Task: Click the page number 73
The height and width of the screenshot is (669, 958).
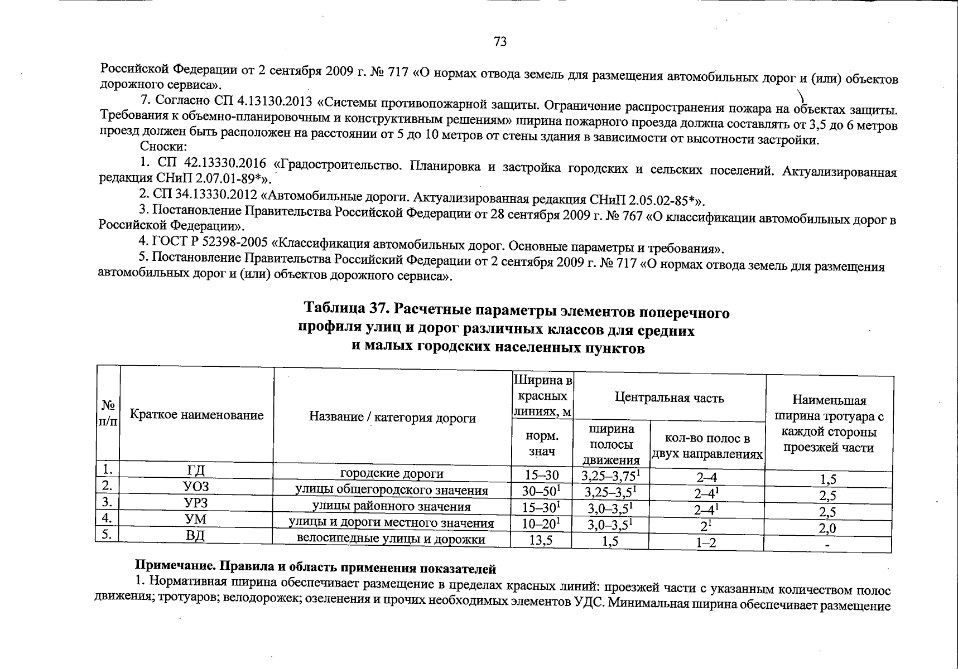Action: pos(500,42)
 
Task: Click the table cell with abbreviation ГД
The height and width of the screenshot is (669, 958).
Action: pos(196,473)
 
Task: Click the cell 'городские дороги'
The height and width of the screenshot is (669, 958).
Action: pos(392,474)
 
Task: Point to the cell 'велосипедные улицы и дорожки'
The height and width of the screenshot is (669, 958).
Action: pos(391,539)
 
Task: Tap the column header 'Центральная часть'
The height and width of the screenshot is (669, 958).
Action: pos(669,398)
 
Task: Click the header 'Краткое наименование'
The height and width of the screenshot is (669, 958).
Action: pos(196,415)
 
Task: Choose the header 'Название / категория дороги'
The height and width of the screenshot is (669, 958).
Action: pos(392,418)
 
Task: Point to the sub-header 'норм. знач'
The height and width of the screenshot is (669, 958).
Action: pos(542,444)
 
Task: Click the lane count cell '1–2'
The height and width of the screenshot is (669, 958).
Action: pos(706,542)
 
